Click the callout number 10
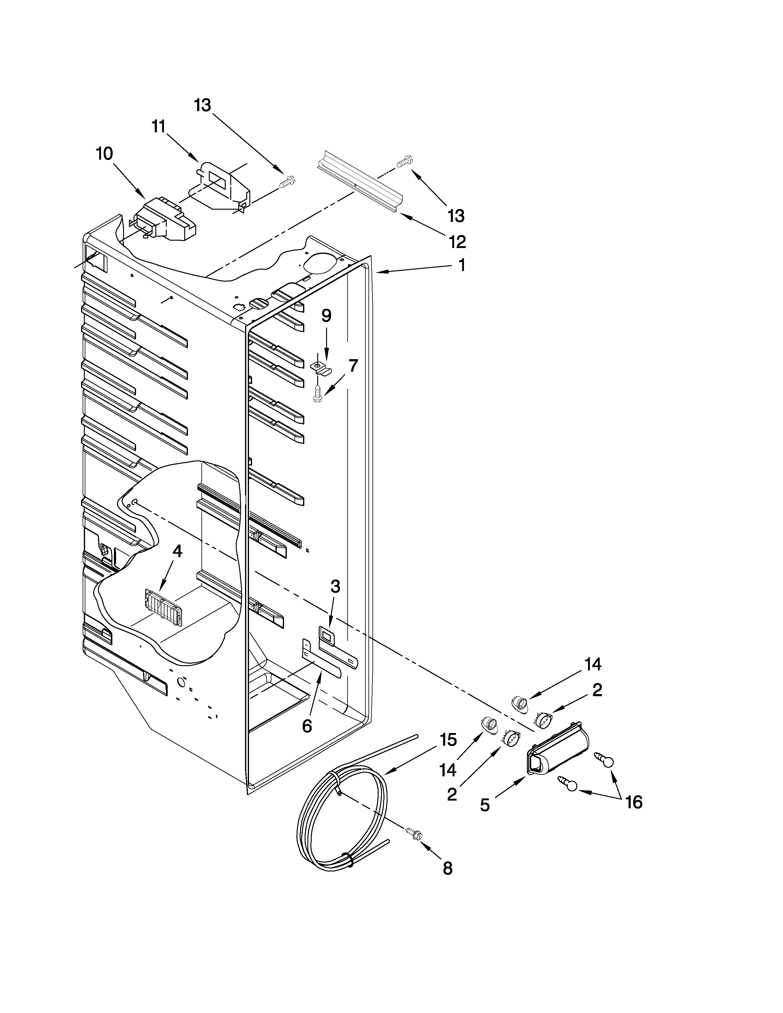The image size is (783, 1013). tap(104, 153)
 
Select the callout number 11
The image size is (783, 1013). tap(159, 126)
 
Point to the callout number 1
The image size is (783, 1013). tap(461, 265)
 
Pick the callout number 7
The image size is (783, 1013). tap(353, 366)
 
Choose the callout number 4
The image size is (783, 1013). tap(177, 551)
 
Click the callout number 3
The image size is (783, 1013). tap(335, 587)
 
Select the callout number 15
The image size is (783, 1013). tap(448, 739)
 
